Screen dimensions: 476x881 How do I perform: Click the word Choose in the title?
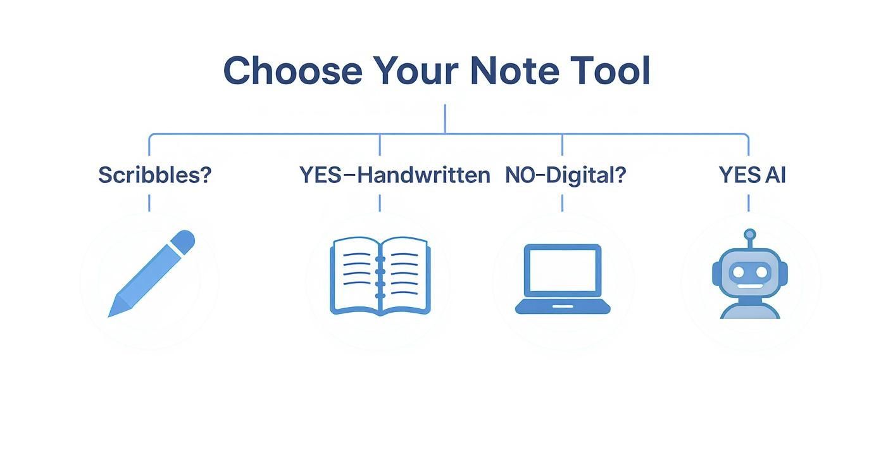[292, 70]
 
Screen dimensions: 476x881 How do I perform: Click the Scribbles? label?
[154, 175]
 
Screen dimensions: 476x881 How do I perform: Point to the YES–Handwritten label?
[394, 175]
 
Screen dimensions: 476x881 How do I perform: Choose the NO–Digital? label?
[565, 175]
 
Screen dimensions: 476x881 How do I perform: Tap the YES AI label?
[752, 175]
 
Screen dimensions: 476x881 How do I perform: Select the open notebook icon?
[380, 276]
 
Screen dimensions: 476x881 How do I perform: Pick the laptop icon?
[563, 279]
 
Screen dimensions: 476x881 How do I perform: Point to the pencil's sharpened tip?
[113, 311]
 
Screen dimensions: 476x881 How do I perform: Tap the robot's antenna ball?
[750, 234]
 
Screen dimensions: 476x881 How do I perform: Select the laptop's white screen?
[563, 270]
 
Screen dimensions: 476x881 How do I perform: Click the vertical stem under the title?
[445, 119]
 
